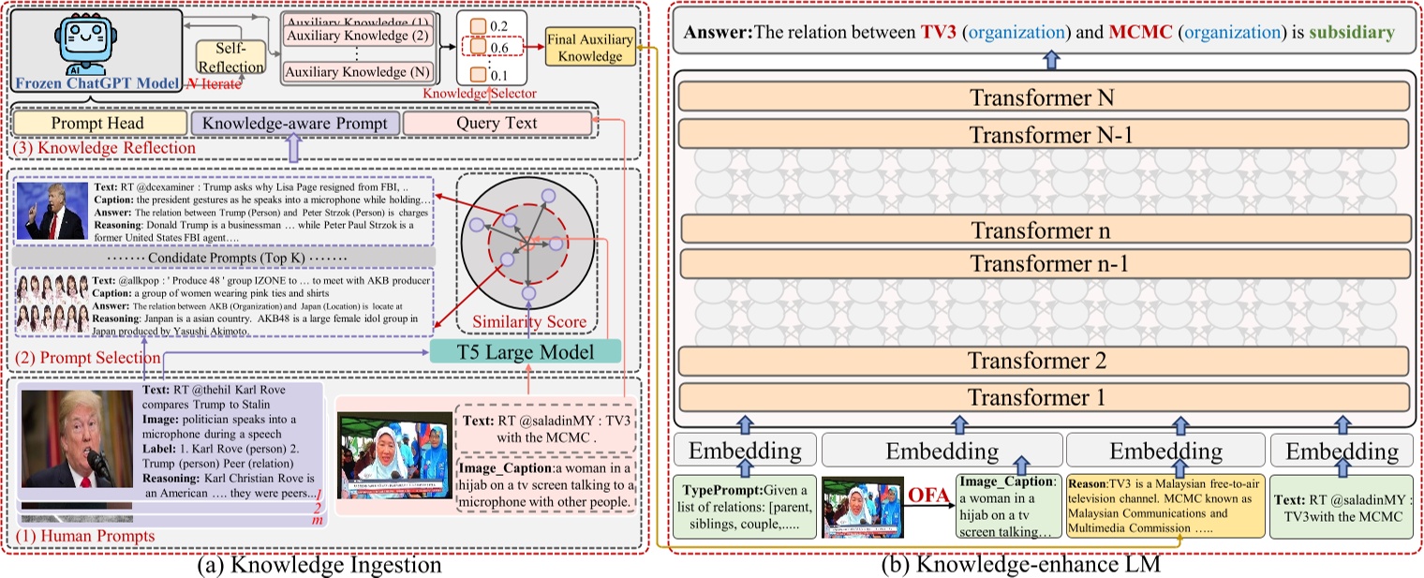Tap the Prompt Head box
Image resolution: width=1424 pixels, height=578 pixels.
tap(97, 123)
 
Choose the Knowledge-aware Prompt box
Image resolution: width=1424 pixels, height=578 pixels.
tap(295, 123)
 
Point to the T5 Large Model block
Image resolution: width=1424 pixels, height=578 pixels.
tap(527, 351)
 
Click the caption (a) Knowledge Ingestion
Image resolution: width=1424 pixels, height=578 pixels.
tap(321, 566)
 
